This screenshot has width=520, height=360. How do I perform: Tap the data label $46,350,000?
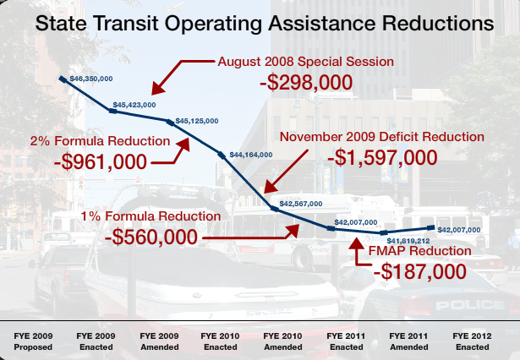pos(91,78)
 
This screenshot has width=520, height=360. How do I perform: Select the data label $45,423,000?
pos(134,104)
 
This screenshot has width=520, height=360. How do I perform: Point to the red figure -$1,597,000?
pos(384,157)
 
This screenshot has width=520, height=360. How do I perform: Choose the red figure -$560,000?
pos(151,237)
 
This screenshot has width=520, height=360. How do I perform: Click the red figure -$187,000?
pos(420,271)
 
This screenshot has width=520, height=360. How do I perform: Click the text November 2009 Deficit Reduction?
pos(381,136)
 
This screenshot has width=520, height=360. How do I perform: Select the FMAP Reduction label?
pos(419,251)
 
